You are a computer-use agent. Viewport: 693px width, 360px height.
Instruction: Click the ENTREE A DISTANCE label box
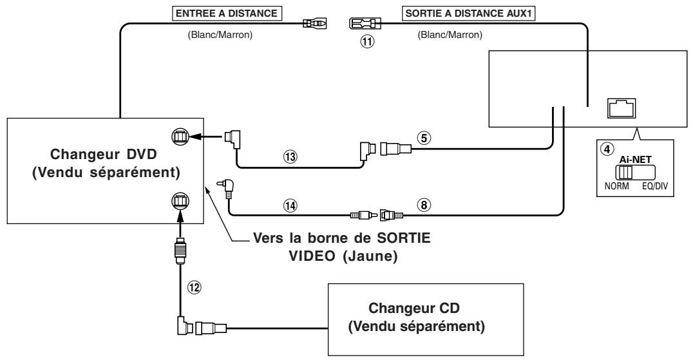(227, 14)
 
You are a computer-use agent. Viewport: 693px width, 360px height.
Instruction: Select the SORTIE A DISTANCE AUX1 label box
(469, 14)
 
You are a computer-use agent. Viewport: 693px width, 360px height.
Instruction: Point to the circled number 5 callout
(423, 138)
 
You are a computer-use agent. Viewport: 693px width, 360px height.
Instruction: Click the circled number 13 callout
(290, 156)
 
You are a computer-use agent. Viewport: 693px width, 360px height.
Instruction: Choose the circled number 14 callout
(290, 205)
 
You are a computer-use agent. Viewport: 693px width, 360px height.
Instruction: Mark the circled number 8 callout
(423, 205)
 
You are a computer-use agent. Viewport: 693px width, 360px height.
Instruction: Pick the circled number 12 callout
(194, 288)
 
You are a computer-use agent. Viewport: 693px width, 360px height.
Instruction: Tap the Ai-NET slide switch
(634, 172)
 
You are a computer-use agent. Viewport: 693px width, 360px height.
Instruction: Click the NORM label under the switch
(616, 186)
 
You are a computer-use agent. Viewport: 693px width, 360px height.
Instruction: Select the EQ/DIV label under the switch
(655, 186)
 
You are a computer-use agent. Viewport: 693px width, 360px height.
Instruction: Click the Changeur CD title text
(414, 308)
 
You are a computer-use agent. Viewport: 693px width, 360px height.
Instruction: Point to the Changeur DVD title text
(104, 154)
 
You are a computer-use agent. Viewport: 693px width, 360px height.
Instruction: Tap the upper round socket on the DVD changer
(180, 137)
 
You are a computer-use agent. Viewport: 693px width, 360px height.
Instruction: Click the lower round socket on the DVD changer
(180, 201)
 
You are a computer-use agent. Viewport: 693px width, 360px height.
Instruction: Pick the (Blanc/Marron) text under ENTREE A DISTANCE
(220, 35)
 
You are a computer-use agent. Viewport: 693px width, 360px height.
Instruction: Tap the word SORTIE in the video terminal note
(403, 238)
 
